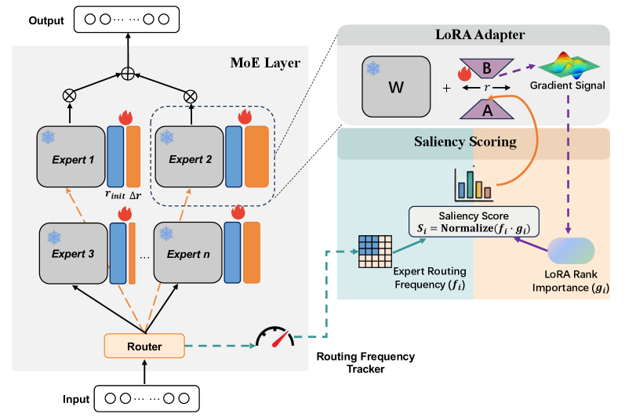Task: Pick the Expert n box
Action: pos(186,253)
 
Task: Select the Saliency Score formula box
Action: pos(473,221)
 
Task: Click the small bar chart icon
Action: pos(471,183)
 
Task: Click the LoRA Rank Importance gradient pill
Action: pos(570,252)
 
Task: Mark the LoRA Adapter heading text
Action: pos(473,34)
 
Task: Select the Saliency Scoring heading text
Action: pos(474,142)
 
